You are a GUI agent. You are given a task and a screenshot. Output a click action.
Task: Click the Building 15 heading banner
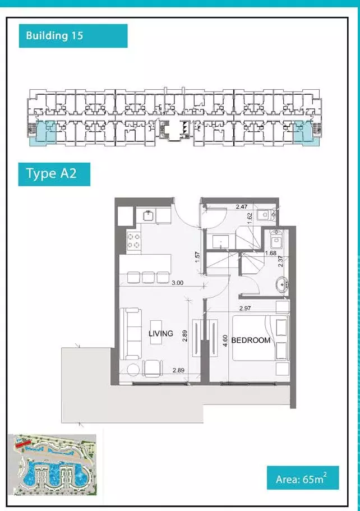[x=73, y=36]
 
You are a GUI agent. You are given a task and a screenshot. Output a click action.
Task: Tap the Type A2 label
[x=54, y=174]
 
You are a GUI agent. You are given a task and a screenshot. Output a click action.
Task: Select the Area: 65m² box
[x=303, y=478]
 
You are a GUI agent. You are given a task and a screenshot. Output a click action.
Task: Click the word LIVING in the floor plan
[x=160, y=334]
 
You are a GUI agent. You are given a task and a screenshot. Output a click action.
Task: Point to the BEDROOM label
[x=251, y=340]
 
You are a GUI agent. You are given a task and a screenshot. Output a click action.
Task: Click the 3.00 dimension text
[x=178, y=283]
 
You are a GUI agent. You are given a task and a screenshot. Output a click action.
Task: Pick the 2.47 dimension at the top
[x=242, y=206]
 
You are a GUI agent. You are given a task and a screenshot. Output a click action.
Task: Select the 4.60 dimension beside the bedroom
[x=225, y=340]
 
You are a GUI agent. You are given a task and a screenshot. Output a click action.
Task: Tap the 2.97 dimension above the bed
[x=245, y=308]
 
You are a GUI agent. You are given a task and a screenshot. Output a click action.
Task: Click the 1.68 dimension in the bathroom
[x=271, y=253]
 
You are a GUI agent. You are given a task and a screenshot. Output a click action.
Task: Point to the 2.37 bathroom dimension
[x=281, y=261]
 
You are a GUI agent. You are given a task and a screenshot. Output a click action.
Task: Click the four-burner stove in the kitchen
[x=134, y=241]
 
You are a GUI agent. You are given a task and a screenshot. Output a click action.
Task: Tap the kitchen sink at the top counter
[x=149, y=215]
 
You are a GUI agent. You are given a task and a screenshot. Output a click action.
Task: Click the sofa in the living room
[x=131, y=334]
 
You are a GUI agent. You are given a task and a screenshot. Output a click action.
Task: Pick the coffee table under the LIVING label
[x=156, y=332]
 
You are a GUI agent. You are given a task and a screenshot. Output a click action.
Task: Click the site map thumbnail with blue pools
[x=52, y=464]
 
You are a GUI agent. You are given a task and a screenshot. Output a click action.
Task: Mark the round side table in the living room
[x=133, y=370]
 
